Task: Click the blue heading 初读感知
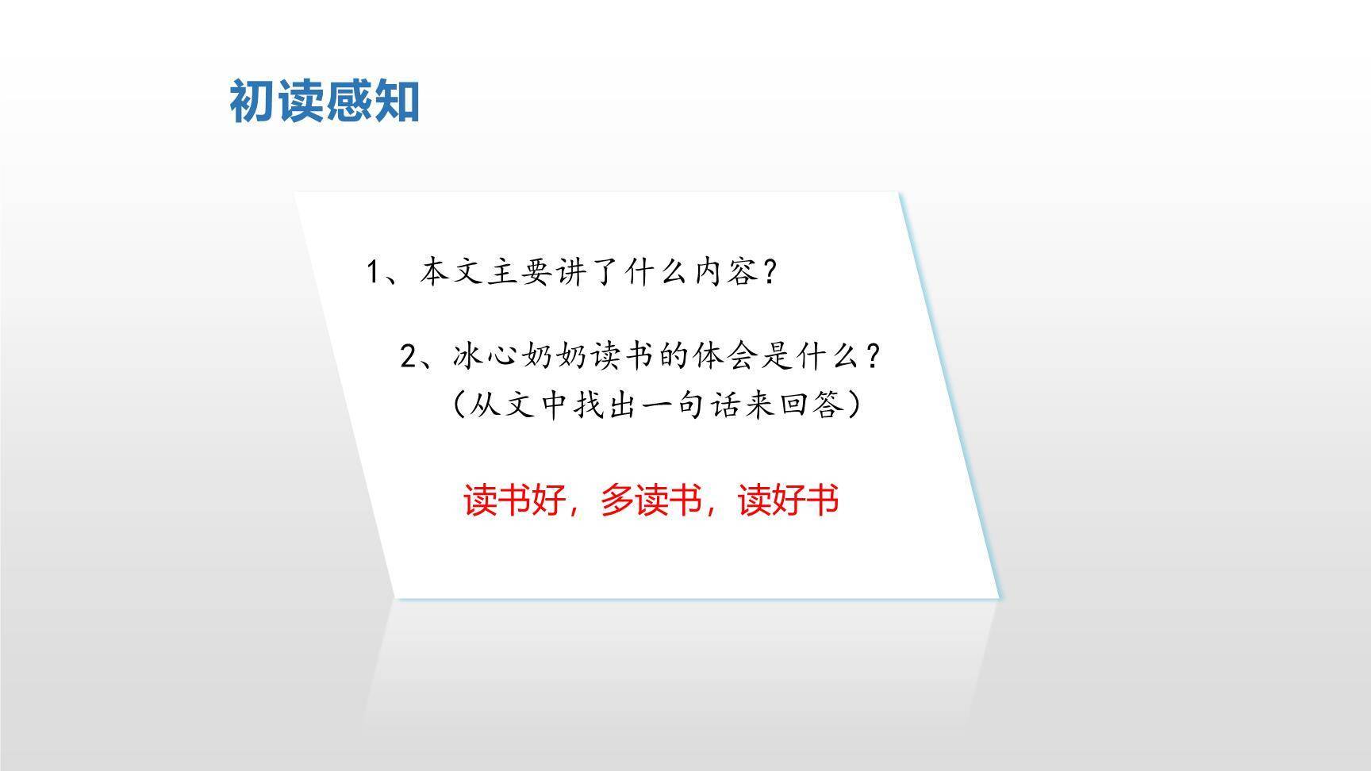(x=325, y=102)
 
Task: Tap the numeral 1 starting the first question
(x=374, y=273)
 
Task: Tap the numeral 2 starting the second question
(x=409, y=357)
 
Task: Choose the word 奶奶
(x=555, y=357)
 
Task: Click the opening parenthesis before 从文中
(x=459, y=405)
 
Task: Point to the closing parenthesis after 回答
(x=854, y=405)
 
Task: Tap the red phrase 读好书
(x=789, y=501)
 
